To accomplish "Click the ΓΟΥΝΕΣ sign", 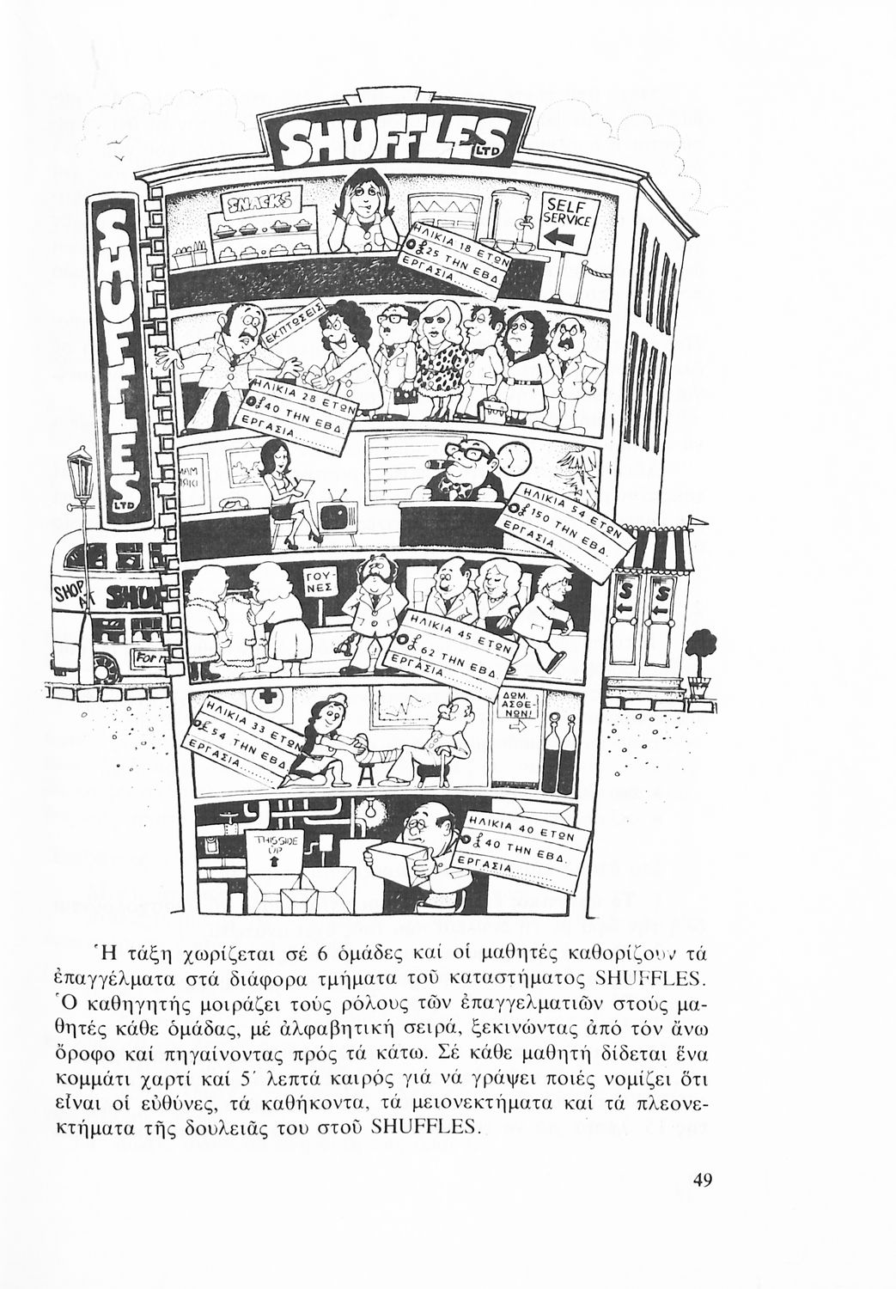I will coord(322,584).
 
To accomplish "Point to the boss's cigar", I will coord(449,471).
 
